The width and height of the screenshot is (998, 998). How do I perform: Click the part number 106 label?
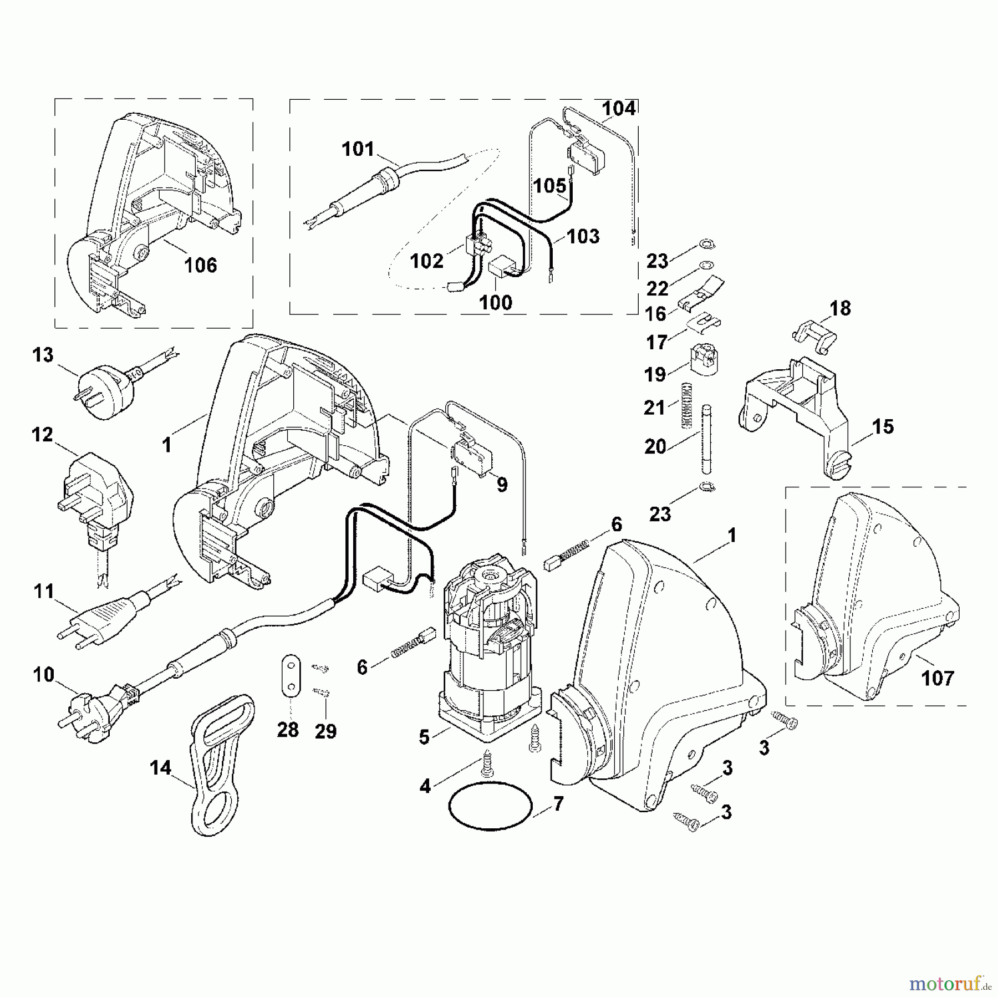pyautogui.click(x=200, y=266)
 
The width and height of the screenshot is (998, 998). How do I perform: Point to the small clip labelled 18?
pyautogui.click(x=814, y=337)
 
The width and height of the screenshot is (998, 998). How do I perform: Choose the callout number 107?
pyautogui.click(x=937, y=678)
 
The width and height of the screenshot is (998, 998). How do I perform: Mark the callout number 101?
pyautogui.click(x=358, y=149)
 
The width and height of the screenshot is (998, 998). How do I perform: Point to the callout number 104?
pyautogui.click(x=619, y=109)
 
